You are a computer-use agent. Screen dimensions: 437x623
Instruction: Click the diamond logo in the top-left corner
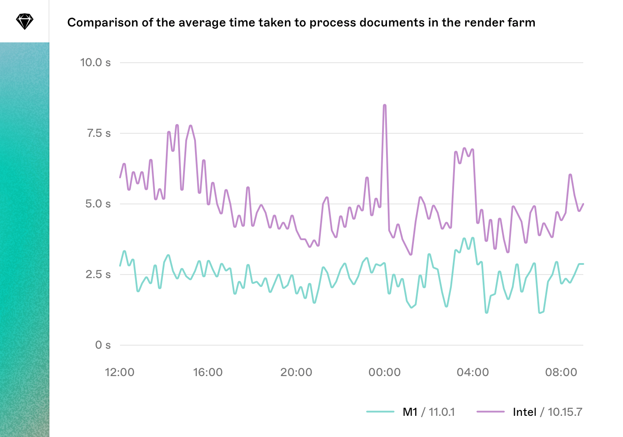pos(25,21)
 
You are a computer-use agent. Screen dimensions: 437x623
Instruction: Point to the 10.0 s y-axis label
pos(95,63)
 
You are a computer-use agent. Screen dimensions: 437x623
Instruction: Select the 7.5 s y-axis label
pos(98,133)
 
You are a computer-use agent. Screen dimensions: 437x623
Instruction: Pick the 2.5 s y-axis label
pos(98,275)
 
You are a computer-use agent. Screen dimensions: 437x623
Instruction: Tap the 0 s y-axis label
pos(103,345)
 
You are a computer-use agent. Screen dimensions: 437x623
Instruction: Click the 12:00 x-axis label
pos(120,373)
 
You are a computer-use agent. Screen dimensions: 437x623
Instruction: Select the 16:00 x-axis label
pos(208,373)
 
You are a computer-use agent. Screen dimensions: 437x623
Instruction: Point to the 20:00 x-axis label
pos(296,373)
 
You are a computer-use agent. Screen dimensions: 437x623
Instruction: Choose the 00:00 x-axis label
pos(384,373)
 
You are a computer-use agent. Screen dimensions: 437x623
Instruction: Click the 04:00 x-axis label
pos(473,373)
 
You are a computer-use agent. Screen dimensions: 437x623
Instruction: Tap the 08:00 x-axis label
pos(561,373)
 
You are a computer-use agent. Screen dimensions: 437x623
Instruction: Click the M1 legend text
pos(410,412)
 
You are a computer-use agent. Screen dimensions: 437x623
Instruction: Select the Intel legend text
pos(525,412)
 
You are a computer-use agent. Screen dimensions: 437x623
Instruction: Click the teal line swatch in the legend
pos(380,412)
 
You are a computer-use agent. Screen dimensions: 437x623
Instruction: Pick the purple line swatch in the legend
pos(490,412)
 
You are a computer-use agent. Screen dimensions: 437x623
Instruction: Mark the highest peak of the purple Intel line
pos(385,105)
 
